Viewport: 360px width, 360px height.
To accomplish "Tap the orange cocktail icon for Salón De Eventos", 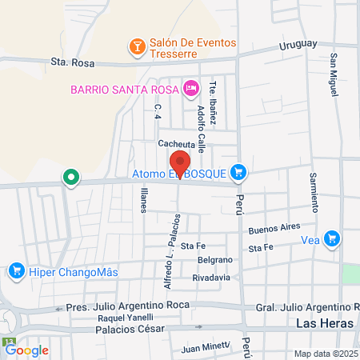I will (x=137, y=48).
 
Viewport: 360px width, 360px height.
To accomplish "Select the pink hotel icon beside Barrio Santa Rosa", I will (x=190, y=88).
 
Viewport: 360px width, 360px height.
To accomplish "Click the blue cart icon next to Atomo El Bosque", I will (x=238, y=172).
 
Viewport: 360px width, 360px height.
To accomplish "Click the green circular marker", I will (x=71, y=177).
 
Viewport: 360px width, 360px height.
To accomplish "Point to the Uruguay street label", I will (x=298, y=45).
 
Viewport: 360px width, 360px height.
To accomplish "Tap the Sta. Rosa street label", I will (x=68, y=60).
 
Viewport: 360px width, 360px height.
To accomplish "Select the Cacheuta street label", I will (x=177, y=144).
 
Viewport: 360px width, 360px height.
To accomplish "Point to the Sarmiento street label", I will (x=314, y=193).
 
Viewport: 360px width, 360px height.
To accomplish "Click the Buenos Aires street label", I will (x=274, y=229).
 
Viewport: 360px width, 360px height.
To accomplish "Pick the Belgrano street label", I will (x=214, y=261).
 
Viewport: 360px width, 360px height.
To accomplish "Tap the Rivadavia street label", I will (x=211, y=278).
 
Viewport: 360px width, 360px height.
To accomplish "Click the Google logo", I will (x=26, y=350).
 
